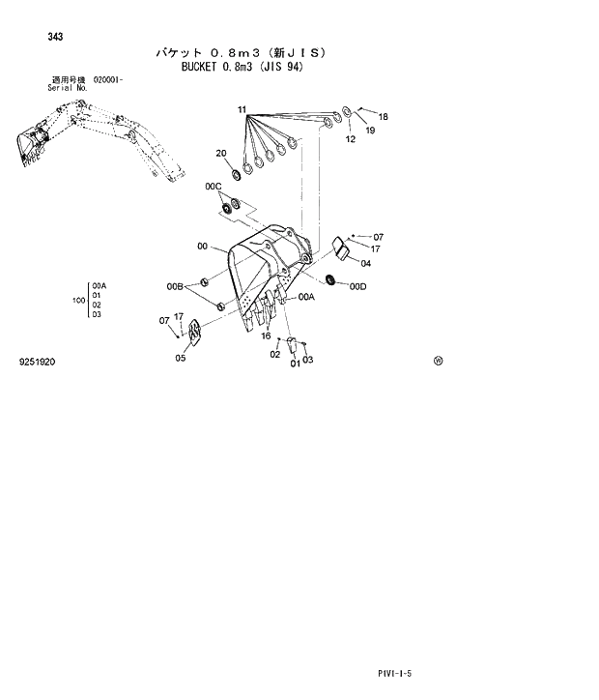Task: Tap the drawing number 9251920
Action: (37, 362)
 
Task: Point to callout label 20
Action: (221, 153)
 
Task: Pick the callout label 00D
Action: (358, 286)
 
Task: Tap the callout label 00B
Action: (175, 286)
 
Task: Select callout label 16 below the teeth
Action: (265, 335)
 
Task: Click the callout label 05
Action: (181, 358)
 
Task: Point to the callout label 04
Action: (366, 262)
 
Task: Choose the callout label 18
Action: (383, 117)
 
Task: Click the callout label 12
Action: (351, 139)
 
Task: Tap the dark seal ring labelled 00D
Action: (332, 280)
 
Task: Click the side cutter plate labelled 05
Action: (193, 334)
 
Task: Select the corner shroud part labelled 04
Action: (340, 248)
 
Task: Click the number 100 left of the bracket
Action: (78, 301)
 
